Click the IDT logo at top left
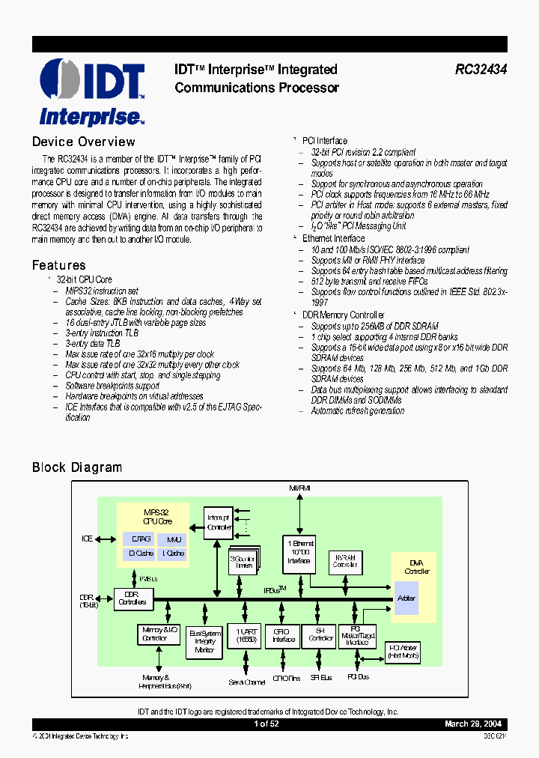(x=91, y=92)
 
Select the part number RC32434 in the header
(x=481, y=70)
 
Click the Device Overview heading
(x=83, y=142)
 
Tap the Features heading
(x=58, y=265)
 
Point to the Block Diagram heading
(x=76, y=467)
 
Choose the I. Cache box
(x=174, y=554)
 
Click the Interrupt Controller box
(x=219, y=523)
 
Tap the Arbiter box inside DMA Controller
(x=406, y=598)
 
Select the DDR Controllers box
(x=133, y=598)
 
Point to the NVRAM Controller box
(x=344, y=561)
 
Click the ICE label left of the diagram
(x=88, y=539)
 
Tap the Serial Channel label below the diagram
(x=247, y=682)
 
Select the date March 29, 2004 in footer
(x=473, y=724)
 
